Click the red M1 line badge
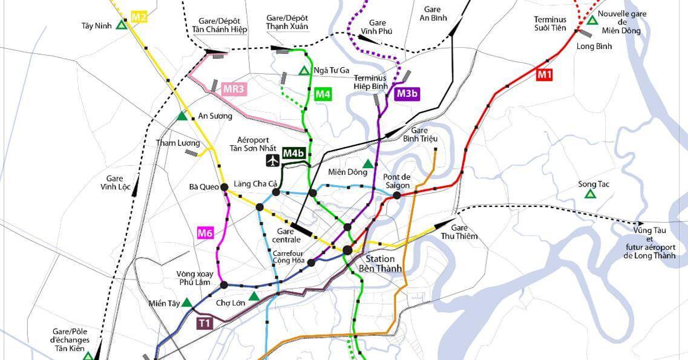click(545, 75)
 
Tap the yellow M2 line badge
click(139, 17)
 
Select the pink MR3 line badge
click(234, 90)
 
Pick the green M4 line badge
click(323, 94)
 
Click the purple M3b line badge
click(407, 93)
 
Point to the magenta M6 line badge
click(206, 232)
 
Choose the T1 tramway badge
click(205, 323)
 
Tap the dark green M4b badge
click(293, 154)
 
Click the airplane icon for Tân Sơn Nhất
click(273, 160)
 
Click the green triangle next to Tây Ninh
click(122, 25)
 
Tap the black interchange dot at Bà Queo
click(224, 188)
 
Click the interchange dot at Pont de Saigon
click(397, 195)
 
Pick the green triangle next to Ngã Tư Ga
click(304, 71)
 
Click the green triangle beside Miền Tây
click(187, 303)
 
